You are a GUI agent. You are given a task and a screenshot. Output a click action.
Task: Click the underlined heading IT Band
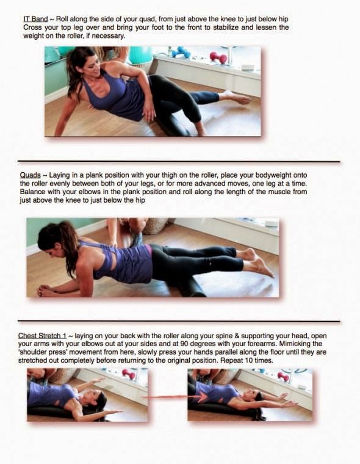click(35, 20)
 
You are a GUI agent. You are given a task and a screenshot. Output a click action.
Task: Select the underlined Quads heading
click(30, 175)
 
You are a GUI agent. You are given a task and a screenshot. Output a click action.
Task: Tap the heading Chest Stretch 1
click(42, 336)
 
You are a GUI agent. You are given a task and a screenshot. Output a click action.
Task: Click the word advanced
click(206, 184)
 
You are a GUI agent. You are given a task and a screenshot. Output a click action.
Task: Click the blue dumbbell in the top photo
click(179, 52)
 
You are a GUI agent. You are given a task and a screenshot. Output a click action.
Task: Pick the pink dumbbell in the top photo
click(218, 57)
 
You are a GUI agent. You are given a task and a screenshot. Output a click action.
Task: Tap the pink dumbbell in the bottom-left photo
click(129, 374)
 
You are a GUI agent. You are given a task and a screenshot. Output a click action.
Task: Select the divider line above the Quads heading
click(179, 162)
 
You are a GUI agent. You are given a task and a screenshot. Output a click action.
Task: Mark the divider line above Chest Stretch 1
click(179, 321)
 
